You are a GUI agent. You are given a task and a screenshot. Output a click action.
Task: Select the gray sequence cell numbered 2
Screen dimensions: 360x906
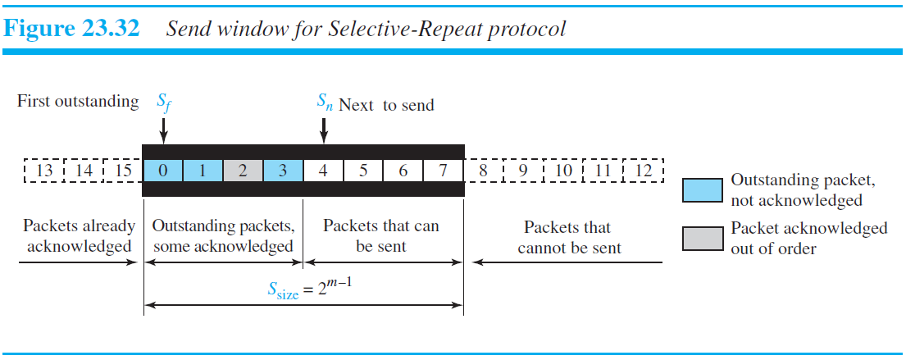pos(243,171)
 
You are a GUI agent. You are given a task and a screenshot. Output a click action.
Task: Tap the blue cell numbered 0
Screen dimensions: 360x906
pos(163,171)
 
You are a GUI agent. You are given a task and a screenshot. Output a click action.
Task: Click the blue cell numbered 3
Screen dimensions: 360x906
pos(283,171)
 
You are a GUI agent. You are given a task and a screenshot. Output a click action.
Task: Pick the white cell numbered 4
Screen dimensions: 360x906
pos(323,171)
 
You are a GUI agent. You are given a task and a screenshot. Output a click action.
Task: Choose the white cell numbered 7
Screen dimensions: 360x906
pos(444,171)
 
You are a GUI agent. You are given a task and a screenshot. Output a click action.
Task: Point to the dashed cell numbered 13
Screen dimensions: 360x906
pos(45,171)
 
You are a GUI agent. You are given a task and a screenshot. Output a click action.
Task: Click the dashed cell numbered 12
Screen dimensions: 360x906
pos(643,171)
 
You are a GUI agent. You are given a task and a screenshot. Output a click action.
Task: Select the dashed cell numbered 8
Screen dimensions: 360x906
pos(484,171)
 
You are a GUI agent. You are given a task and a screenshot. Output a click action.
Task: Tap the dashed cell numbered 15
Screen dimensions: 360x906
pos(125,171)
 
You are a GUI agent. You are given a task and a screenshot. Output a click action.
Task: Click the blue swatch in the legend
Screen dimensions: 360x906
pos(702,190)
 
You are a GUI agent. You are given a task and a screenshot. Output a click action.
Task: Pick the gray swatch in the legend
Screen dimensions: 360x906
pos(702,237)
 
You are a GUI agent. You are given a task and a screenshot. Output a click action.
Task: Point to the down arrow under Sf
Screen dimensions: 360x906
pos(163,129)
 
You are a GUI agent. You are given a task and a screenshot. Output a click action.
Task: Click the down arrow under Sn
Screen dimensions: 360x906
pos(324,129)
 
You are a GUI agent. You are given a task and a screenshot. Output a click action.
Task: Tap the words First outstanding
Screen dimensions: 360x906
pos(78,102)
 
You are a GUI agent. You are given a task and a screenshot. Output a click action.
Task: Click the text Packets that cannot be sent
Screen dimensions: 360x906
pos(569,236)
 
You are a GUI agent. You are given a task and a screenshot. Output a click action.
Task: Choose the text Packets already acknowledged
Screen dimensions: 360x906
pos(78,236)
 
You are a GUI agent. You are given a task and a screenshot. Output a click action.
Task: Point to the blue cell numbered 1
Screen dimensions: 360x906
pos(203,171)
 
